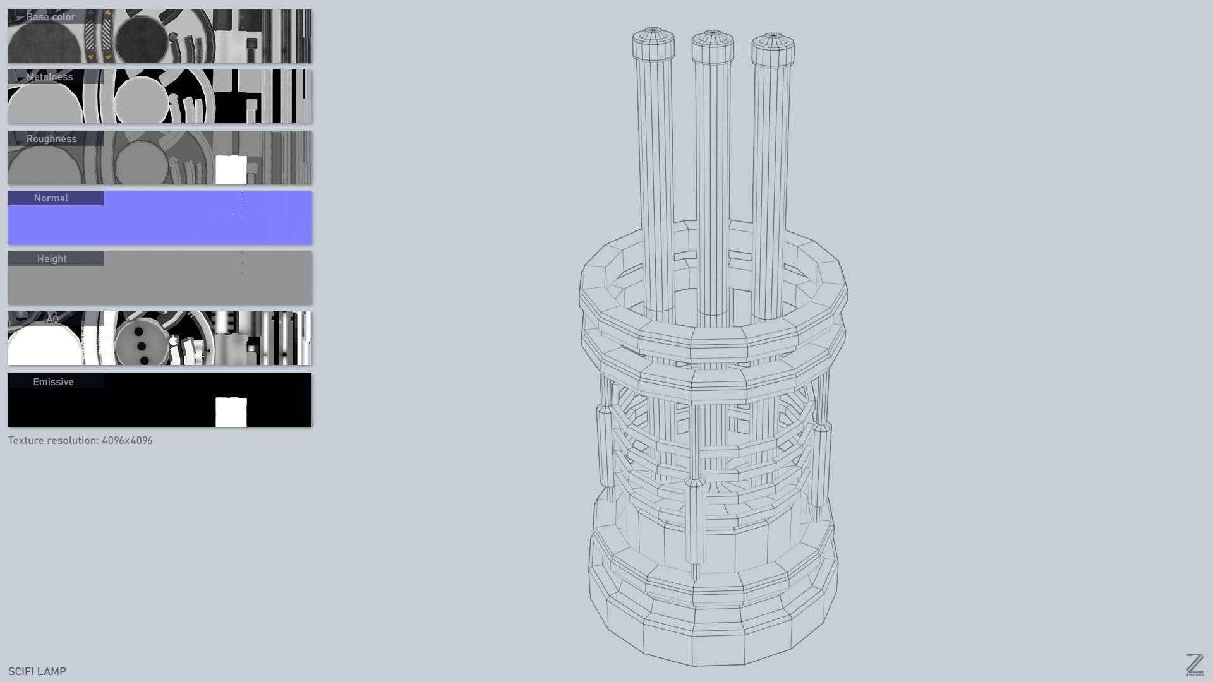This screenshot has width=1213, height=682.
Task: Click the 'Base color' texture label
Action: point(51,17)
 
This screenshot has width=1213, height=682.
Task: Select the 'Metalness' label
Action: point(49,77)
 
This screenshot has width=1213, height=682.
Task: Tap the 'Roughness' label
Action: point(51,139)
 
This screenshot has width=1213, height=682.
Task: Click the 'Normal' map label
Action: point(51,198)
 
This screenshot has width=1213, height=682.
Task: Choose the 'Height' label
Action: point(51,259)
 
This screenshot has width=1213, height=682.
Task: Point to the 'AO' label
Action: point(52,320)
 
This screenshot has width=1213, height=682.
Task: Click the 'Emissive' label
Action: point(53,382)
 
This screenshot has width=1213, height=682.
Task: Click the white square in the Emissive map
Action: point(231,412)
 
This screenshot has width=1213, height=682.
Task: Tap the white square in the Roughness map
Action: point(231,170)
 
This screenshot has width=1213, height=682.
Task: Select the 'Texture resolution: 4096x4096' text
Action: point(80,441)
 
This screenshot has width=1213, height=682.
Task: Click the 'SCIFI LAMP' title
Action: point(37,671)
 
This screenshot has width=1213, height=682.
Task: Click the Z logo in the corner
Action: point(1194,665)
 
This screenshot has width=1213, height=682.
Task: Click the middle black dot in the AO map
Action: point(142,346)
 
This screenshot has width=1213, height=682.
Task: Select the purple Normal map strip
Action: point(190,221)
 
